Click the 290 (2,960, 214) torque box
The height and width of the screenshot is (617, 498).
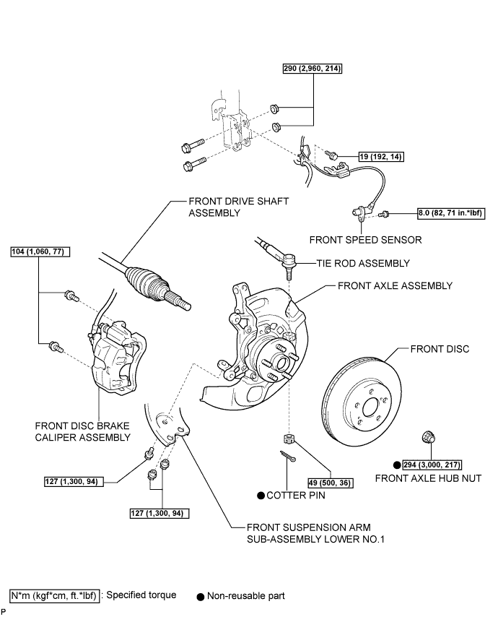[x=313, y=69]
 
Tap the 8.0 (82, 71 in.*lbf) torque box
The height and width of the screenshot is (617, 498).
[x=451, y=213]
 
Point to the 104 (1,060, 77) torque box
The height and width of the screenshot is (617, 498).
[x=40, y=251]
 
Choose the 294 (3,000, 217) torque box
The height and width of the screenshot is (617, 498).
[x=432, y=465]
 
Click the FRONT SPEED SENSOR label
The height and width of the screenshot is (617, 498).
[x=365, y=240]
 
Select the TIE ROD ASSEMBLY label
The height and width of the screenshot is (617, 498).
[x=363, y=263]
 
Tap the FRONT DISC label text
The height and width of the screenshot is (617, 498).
[x=440, y=349]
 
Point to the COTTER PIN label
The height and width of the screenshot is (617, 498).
[x=296, y=496]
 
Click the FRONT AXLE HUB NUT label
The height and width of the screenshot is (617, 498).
[x=429, y=478]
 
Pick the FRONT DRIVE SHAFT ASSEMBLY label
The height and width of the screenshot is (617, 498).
[x=239, y=207]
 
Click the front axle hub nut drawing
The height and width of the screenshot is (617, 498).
[x=429, y=437]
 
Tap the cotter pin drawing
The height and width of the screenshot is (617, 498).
[x=288, y=456]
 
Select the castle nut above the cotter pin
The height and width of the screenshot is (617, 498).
[x=289, y=438]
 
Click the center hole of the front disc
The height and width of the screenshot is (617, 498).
[x=370, y=407]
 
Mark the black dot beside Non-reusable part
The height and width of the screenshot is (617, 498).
[x=201, y=597]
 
